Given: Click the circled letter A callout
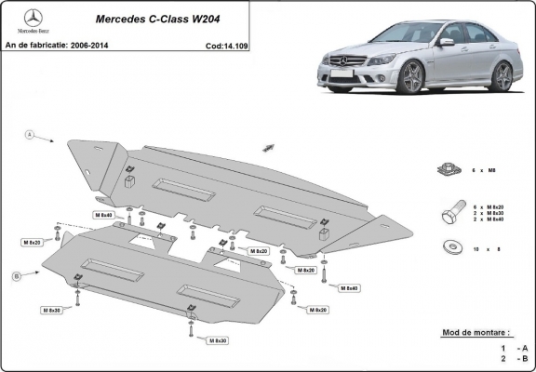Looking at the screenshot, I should coord(29,135).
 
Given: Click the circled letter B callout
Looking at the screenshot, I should coord(17,277).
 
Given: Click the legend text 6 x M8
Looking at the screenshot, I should coord(490,170).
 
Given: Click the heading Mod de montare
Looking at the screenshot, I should coord(469,332).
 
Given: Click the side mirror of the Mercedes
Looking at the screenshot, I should coord(446,43).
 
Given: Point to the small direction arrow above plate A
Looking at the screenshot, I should coord(270,148).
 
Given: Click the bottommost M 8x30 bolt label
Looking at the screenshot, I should coord(218,341).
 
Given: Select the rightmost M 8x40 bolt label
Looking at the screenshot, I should coord(349,288).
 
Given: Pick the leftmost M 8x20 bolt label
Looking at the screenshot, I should coord(32,242).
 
